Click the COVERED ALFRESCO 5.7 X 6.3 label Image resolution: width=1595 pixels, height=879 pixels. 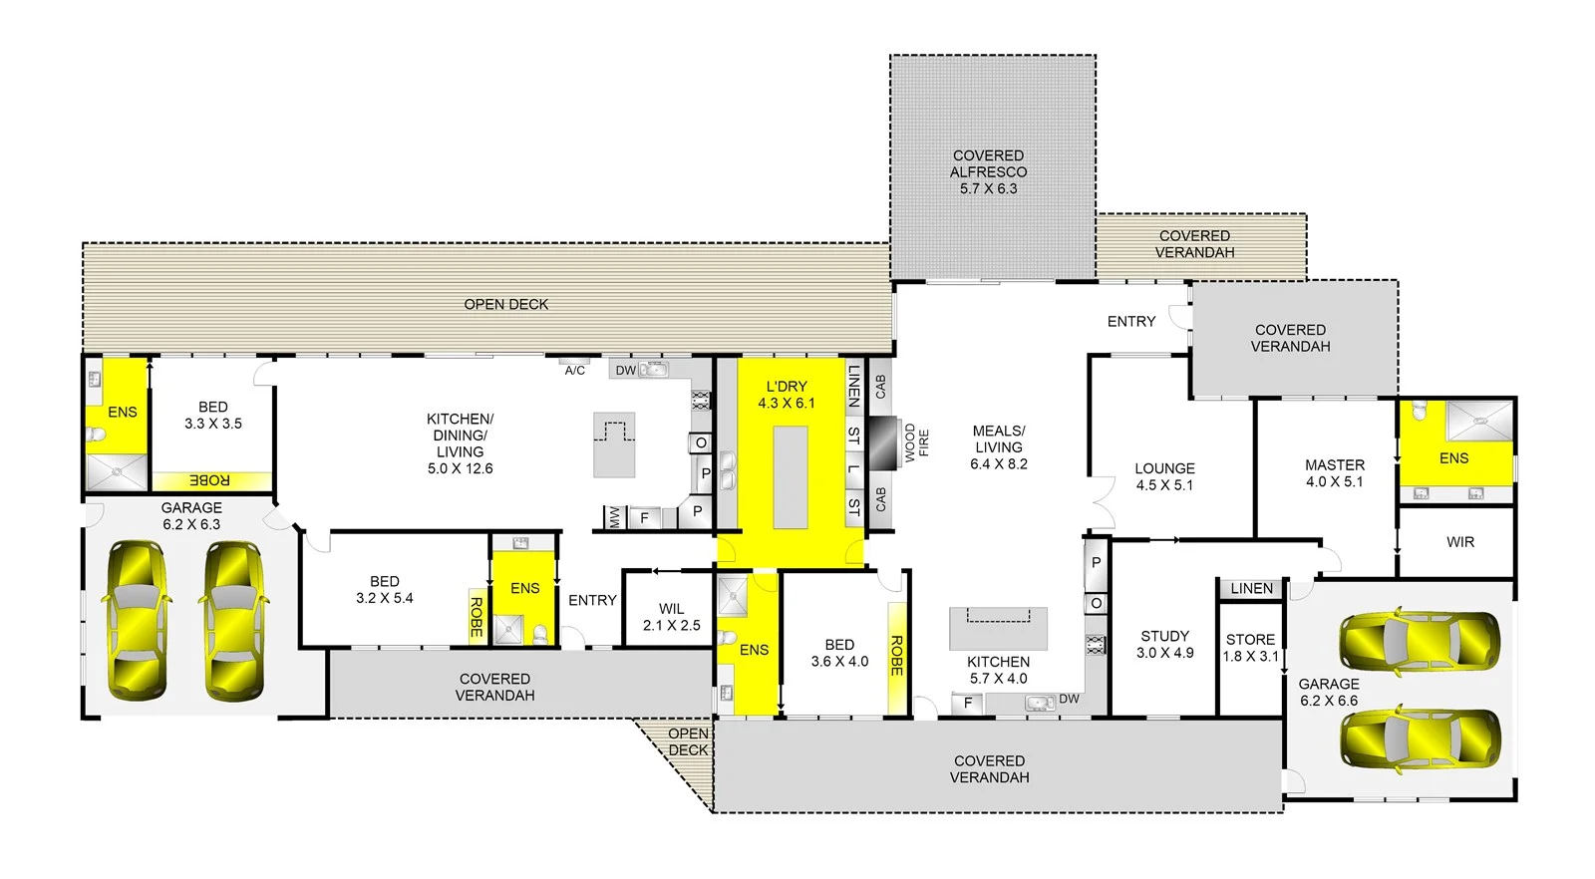pos(988,171)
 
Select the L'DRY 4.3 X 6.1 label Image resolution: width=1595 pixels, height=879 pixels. pos(786,395)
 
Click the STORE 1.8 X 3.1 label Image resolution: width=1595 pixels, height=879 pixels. pos(1250,648)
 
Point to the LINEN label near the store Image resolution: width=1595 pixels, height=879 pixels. pos(1251,589)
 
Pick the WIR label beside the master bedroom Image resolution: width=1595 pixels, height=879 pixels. pos(1459,542)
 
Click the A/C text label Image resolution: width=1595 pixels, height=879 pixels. pos(575,371)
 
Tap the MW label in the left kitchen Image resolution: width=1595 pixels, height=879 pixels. pos(615,517)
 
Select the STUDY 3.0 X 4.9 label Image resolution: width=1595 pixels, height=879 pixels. pos(1164,644)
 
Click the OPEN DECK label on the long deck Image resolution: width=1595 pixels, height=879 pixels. pos(505,304)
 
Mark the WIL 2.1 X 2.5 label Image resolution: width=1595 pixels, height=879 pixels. pos(671,617)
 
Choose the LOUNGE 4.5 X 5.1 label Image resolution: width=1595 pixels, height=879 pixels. pos(1164,476)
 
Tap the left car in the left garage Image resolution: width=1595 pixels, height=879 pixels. pos(136,620)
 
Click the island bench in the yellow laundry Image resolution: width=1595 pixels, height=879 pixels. pos(791,477)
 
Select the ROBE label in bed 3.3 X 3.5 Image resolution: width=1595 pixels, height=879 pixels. pos(209,481)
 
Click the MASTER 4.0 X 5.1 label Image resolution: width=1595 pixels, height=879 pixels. pos(1334,473)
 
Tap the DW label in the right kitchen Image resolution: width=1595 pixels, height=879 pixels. pos(1069,699)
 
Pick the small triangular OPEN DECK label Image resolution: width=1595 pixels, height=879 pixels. pos(688,742)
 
